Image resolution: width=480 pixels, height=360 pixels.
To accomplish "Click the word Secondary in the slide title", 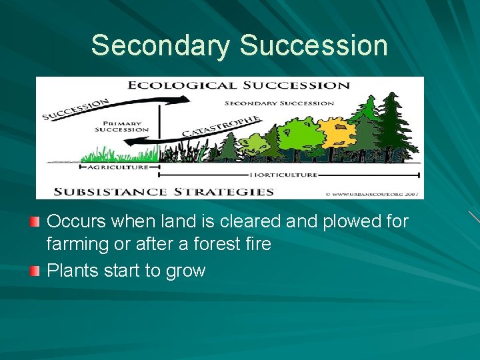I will point(161,45).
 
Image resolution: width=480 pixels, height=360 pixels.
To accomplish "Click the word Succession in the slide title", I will point(313,45).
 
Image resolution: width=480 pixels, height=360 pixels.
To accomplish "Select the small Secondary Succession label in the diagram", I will point(279,103).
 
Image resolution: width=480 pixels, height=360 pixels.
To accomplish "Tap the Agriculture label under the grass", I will point(121,167).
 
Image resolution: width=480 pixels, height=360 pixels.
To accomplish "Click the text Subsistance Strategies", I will point(163,191).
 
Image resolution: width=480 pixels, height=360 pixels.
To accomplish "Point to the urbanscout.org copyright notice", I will point(373,193).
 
